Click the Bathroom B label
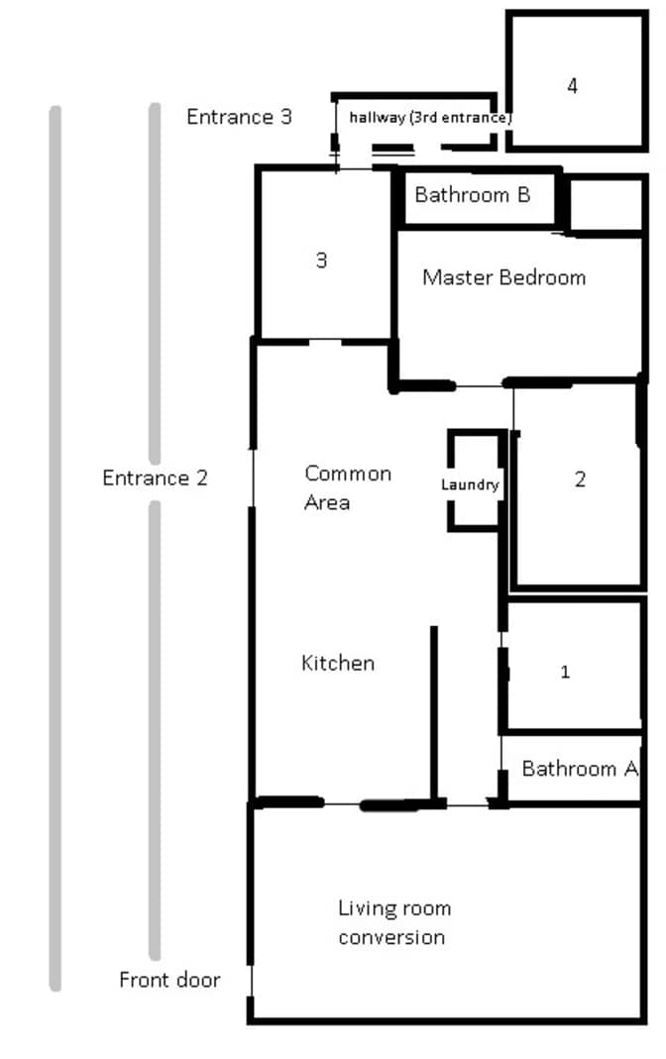472,195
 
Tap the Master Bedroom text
503,277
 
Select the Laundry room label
470,485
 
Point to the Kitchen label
338,663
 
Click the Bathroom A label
580,769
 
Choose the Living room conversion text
394,922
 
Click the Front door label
169,980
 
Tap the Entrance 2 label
155,478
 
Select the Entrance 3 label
239,117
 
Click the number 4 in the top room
572,86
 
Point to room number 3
321,260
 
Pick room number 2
580,479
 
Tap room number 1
565,672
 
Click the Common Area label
348,487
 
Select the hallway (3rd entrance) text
430,118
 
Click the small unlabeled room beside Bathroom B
606,204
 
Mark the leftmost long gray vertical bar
55,549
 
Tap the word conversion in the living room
391,937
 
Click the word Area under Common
327,502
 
